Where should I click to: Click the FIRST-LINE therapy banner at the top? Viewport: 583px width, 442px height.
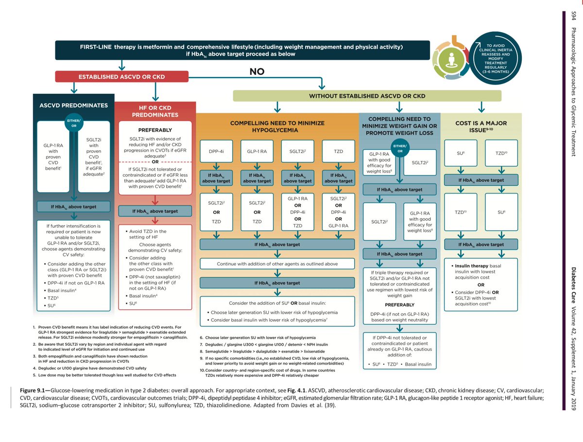(x=241, y=50)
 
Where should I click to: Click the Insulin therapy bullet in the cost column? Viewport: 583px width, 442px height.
(x=469, y=266)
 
